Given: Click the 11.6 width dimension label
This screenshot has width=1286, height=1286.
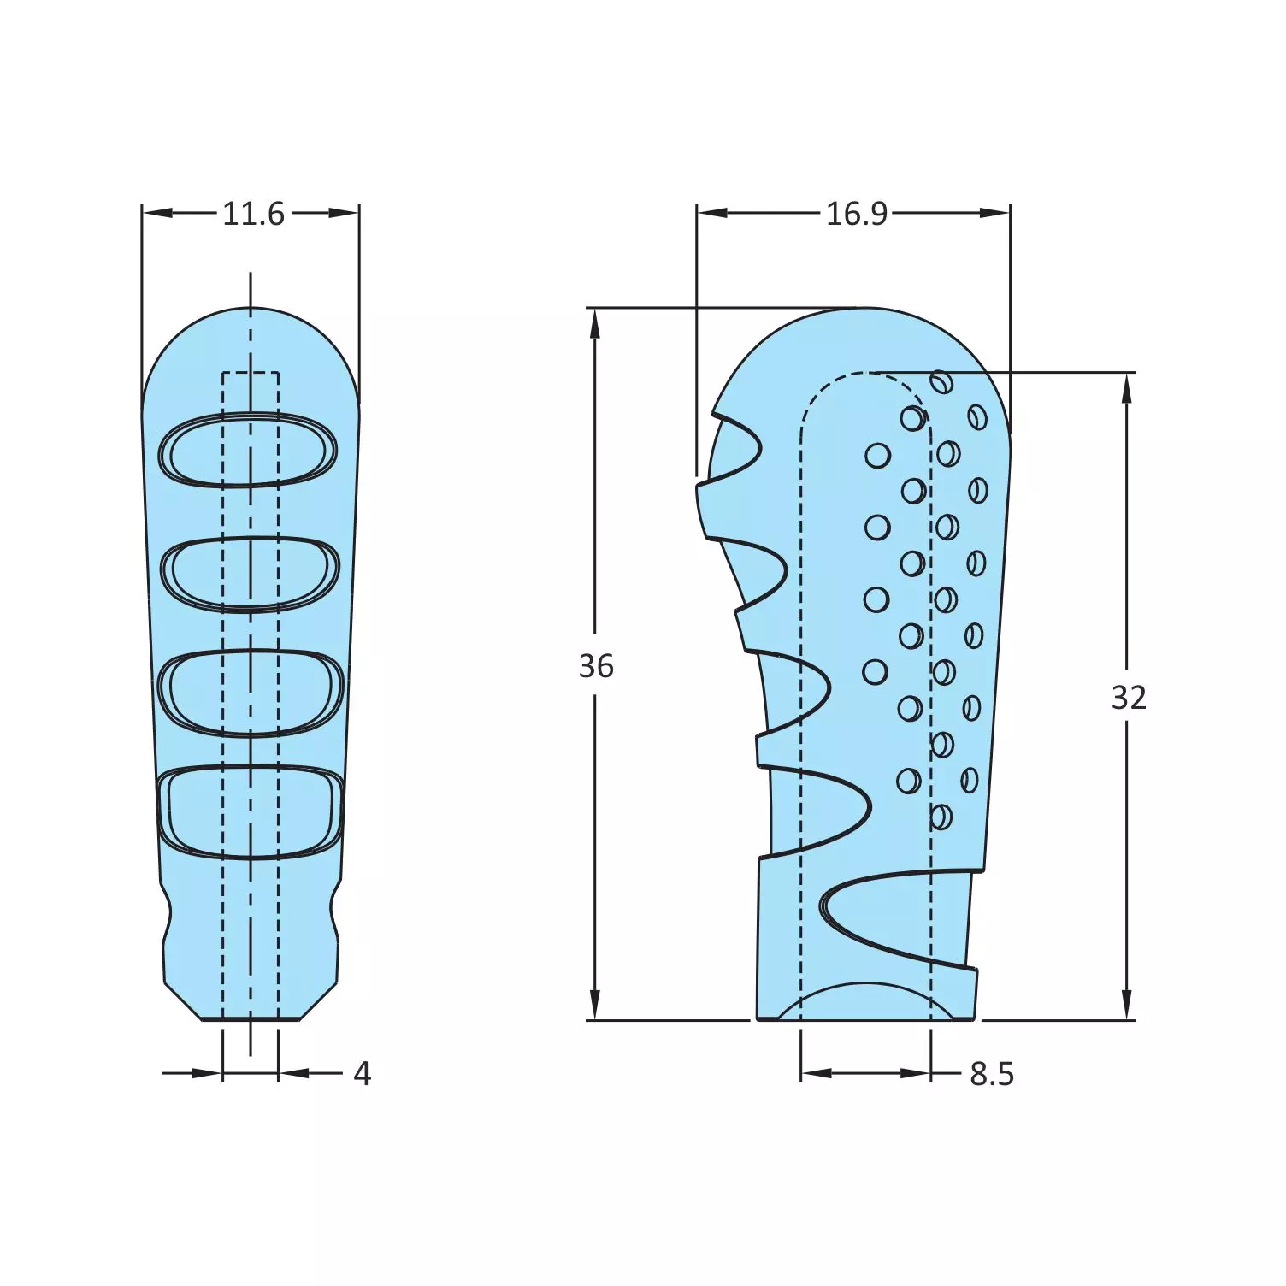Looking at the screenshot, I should [x=253, y=214].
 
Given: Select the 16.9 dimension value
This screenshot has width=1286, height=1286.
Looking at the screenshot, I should [x=856, y=214].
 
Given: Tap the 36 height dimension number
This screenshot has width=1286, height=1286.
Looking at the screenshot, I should [x=596, y=666].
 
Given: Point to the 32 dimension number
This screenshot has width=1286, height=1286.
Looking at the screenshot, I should [x=1128, y=699].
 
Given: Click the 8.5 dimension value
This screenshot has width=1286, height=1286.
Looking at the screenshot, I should [x=992, y=1074].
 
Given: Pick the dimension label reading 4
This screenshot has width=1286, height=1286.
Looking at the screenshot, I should [x=363, y=1074].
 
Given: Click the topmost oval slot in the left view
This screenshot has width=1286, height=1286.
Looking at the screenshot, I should [x=249, y=450].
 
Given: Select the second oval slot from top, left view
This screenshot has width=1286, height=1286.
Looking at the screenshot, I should [x=250, y=573].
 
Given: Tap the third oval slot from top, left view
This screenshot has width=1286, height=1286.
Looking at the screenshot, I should [x=251, y=693].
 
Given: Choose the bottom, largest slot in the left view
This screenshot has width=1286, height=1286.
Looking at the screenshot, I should [x=251, y=812].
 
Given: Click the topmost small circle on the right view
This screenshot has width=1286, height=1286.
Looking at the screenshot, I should [x=941, y=382].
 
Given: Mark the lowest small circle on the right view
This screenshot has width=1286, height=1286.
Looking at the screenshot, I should [x=941, y=817].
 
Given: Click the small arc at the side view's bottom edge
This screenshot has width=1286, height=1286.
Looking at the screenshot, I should [x=864, y=997].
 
